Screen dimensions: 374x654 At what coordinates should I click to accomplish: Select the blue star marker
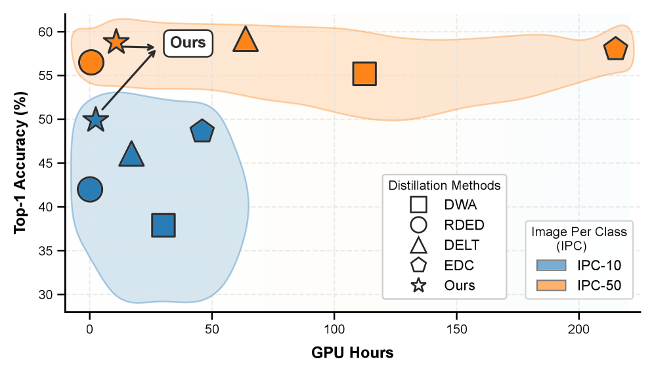tap(97, 119)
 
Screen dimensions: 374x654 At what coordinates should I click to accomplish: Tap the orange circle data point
tap(91, 62)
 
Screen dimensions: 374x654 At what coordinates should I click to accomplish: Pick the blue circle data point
tap(90, 189)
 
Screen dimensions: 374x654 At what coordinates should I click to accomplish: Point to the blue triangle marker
tap(131, 156)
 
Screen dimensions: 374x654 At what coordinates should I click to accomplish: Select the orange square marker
tap(364, 74)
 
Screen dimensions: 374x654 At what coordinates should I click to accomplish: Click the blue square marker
tap(163, 225)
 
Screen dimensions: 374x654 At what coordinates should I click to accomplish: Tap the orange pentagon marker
tap(615, 49)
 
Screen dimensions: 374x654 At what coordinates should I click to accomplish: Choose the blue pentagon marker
tap(202, 132)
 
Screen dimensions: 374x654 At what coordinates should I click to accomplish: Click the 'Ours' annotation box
tap(188, 43)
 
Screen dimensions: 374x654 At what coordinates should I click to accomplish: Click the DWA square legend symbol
tap(418, 205)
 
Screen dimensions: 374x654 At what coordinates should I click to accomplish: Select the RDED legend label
tap(464, 225)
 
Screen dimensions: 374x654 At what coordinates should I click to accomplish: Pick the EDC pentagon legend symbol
tap(418, 265)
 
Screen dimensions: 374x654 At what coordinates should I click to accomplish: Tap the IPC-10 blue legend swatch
tap(556, 266)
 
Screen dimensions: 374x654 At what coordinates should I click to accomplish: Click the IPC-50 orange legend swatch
tap(556, 285)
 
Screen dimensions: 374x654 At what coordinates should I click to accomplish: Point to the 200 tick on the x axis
tap(579, 328)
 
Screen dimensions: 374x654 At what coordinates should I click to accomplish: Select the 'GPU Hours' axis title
tap(353, 353)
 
